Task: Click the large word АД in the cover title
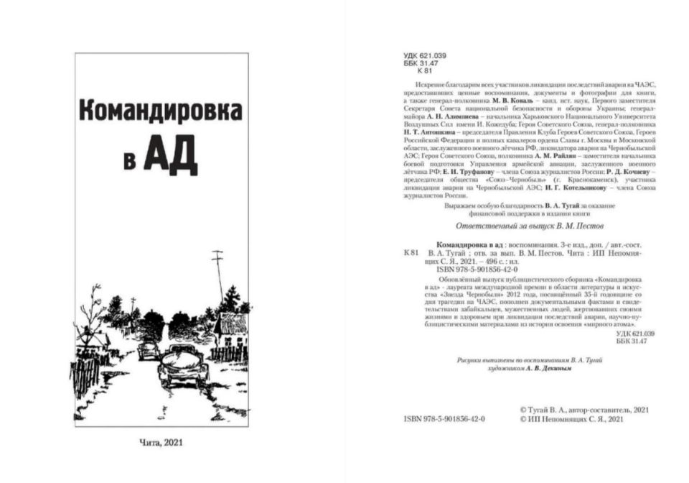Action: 170,157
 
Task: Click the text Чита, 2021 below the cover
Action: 164,443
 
